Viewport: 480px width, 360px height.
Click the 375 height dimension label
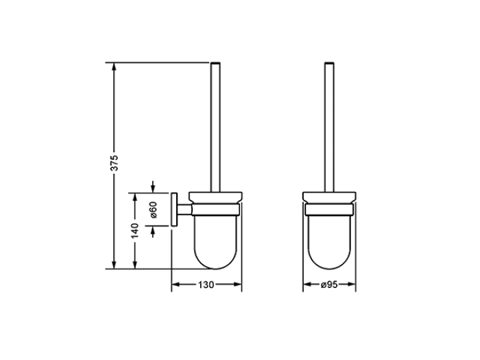click(x=114, y=163)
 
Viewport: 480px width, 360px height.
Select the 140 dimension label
click(x=134, y=231)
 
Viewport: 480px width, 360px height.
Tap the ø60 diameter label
click(x=154, y=210)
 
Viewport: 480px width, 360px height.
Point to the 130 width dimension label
click(x=206, y=285)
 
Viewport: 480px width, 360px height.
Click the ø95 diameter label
click(x=329, y=285)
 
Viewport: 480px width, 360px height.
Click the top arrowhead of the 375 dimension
click(x=114, y=67)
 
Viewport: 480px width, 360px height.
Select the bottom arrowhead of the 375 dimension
click(x=114, y=265)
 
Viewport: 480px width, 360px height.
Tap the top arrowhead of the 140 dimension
click(x=134, y=197)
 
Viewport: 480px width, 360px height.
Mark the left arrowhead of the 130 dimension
click(x=176, y=285)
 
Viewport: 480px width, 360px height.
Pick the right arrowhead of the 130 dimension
click(x=237, y=285)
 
